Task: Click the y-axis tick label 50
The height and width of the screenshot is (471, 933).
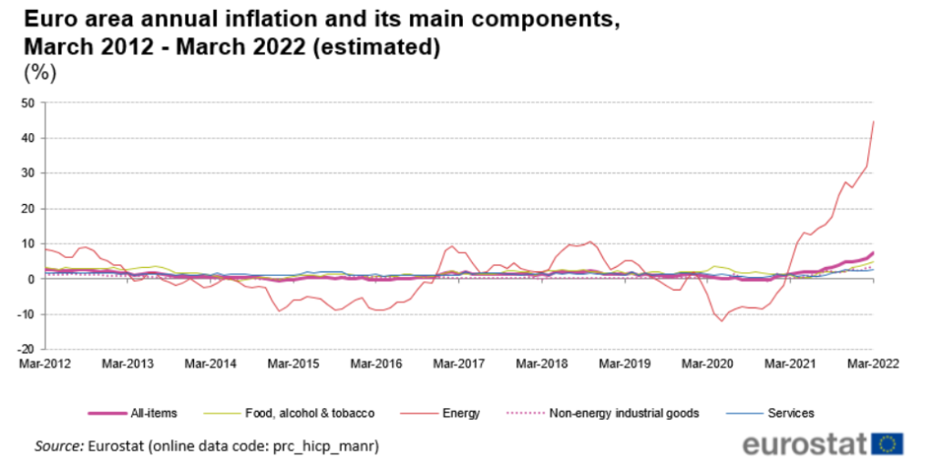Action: (26, 103)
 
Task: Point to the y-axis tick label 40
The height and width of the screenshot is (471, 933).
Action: (26, 138)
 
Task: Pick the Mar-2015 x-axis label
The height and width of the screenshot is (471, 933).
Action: (293, 363)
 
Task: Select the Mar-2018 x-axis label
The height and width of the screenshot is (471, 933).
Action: (541, 363)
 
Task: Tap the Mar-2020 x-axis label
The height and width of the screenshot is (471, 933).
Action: (707, 363)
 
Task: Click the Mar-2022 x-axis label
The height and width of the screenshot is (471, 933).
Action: (872, 363)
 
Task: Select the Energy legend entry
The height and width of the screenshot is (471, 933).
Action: (461, 413)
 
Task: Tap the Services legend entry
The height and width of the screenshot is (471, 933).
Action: (789, 413)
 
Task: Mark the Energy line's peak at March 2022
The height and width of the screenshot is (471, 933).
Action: (874, 121)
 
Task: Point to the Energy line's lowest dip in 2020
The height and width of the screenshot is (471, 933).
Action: (723, 321)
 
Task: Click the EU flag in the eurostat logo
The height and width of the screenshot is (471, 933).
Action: (887, 445)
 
